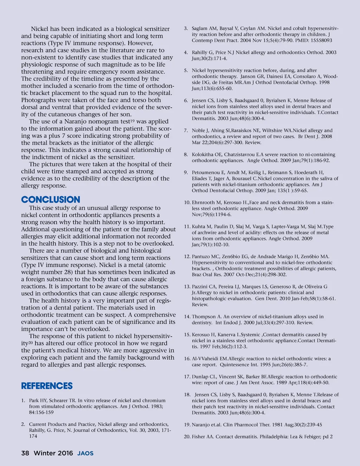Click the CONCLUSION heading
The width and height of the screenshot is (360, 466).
pyautogui.click(x=51, y=200)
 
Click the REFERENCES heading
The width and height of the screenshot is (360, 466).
pyautogui.click(x=47, y=386)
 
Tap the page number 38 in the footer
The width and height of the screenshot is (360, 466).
pyautogui.click(x=25, y=453)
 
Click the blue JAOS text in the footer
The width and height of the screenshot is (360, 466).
pyautogui.click(x=85, y=453)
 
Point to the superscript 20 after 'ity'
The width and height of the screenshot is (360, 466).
pyautogui.click(x=31, y=343)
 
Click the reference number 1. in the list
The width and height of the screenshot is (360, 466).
pyautogui.click(x=23, y=400)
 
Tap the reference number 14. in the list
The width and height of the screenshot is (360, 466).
pyautogui.click(x=187, y=317)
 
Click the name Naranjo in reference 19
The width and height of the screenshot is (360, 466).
pyautogui.click(x=201, y=424)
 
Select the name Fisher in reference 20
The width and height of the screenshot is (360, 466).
pyautogui.click(x=199, y=436)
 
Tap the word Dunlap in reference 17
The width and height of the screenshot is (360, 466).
pyautogui.click(x=200, y=377)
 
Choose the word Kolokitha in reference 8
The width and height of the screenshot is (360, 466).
pyautogui.click(x=203, y=154)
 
